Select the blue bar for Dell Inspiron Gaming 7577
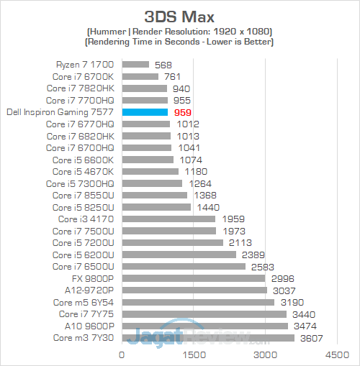(145, 112)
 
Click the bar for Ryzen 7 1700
(135, 65)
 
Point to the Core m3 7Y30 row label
(84, 337)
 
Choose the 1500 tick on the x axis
(194, 354)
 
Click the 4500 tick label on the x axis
(337, 354)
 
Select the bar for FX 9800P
(194, 278)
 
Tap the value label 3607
(311, 337)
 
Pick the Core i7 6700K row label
(81, 76)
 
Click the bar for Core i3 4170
(168, 219)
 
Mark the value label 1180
(195, 171)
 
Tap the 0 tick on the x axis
(122, 354)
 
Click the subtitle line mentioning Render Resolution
(179, 32)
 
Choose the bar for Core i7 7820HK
(145, 88)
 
